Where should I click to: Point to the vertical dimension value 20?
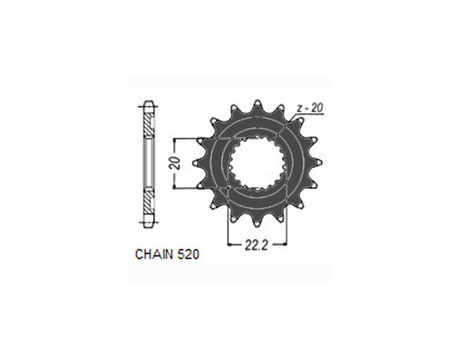tap(176, 164)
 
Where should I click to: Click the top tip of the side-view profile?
tap(148, 103)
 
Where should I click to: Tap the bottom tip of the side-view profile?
tap(148, 224)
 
